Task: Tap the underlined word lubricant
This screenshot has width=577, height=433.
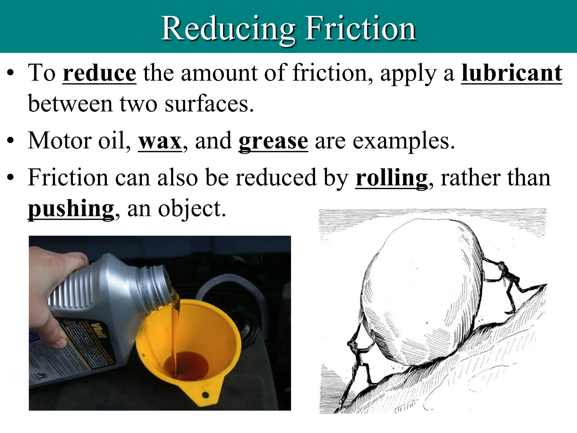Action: coord(511,73)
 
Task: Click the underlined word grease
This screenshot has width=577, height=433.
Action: coord(273,142)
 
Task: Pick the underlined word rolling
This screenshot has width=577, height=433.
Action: coord(391,178)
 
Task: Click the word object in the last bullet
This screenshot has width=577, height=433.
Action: coord(192,209)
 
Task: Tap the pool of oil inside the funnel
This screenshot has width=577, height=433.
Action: coord(186,366)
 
